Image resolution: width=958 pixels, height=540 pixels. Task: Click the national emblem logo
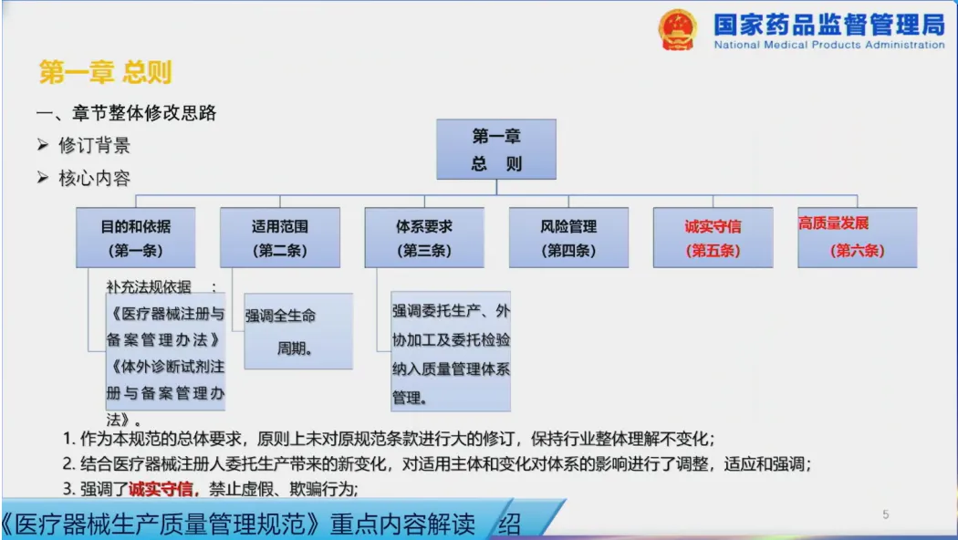[677, 28]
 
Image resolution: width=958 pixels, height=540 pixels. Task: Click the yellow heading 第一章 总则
[105, 72]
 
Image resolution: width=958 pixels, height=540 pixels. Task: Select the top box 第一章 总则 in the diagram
[496, 149]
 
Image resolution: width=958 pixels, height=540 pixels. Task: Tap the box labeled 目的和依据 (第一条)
[136, 238]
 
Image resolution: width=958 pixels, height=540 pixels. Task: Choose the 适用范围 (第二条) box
[280, 238]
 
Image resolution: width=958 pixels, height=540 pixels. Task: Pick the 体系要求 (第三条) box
[424, 238]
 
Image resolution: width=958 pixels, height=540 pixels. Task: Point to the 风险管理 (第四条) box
[568, 238]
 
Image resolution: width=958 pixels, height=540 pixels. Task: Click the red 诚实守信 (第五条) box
[713, 238]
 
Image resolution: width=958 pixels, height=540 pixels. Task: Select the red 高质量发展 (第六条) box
[858, 238]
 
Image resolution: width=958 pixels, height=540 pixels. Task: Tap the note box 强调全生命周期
[298, 331]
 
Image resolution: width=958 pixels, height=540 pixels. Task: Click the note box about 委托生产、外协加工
[451, 351]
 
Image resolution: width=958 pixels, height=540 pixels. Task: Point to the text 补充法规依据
[149, 286]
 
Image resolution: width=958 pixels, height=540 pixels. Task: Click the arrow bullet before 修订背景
[42, 145]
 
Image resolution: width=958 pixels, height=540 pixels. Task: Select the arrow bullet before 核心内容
[42, 178]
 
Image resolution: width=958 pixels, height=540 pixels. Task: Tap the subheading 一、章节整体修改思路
[127, 113]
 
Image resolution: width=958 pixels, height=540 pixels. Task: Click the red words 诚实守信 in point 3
[161, 489]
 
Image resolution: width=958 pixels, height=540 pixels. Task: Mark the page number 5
[885, 515]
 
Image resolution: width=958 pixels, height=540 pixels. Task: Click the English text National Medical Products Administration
[829, 45]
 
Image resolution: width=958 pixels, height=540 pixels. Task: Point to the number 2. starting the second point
[69, 463]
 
